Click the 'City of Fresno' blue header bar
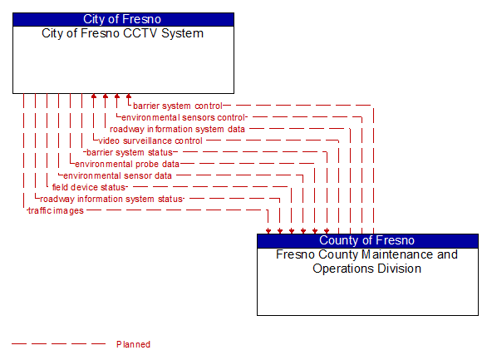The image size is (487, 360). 123,19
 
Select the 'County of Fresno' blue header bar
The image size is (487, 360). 367,240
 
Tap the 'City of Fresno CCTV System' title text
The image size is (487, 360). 123,34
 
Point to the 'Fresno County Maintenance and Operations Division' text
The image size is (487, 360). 367,261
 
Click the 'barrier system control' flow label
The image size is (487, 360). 178,106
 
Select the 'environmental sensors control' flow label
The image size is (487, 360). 183,117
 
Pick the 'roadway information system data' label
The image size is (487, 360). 177,129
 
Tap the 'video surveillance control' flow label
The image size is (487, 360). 150,141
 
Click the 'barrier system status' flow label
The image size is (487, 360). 130,152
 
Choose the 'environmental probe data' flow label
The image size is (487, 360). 127,164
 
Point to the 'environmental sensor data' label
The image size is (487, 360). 117,175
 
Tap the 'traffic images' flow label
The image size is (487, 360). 56,210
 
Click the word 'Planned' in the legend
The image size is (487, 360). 133,344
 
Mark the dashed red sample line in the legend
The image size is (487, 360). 58,344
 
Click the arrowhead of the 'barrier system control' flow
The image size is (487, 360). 129,98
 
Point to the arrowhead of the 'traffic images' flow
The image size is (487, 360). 268,229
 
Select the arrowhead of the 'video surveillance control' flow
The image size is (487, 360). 94,98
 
